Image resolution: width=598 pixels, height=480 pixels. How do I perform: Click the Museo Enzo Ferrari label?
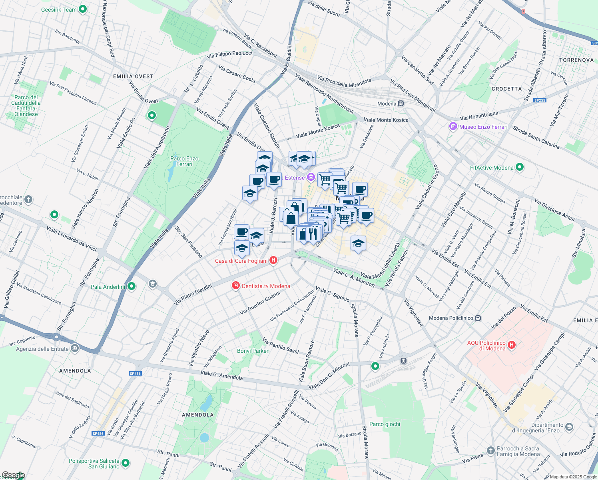(483, 127)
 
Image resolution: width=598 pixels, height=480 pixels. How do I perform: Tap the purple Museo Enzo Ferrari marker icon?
(453, 127)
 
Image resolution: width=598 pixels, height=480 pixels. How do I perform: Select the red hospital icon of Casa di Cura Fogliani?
(273, 260)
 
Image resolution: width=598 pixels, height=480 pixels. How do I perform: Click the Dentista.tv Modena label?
(266, 286)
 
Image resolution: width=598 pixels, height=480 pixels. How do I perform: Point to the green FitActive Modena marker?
(519, 167)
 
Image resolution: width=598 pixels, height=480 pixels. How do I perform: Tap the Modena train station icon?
(401, 104)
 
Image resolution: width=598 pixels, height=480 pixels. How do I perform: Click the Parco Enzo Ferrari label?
(184, 161)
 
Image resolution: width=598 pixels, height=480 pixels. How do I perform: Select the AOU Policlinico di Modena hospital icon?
(512, 344)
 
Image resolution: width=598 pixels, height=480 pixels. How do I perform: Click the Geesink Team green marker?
(83, 9)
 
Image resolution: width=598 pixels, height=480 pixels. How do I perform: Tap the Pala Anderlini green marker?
(132, 286)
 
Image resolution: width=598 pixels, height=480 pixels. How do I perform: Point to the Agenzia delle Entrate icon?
(75, 348)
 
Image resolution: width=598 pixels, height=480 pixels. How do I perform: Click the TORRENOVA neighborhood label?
(576, 60)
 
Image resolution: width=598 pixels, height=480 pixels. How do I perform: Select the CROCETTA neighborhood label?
(506, 89)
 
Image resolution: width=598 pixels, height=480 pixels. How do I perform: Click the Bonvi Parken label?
(253, 351)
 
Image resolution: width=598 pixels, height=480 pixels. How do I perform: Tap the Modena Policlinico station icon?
(478, 318)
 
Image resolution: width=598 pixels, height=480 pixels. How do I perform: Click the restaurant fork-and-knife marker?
(313, 233)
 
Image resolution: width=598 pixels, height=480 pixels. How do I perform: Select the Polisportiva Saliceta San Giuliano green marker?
(126, 463)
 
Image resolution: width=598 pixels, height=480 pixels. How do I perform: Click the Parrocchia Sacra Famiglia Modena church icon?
(490, 451)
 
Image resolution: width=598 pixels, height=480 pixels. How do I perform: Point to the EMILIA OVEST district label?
(133, 76)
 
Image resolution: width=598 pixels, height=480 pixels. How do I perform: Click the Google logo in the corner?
(13, 475)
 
